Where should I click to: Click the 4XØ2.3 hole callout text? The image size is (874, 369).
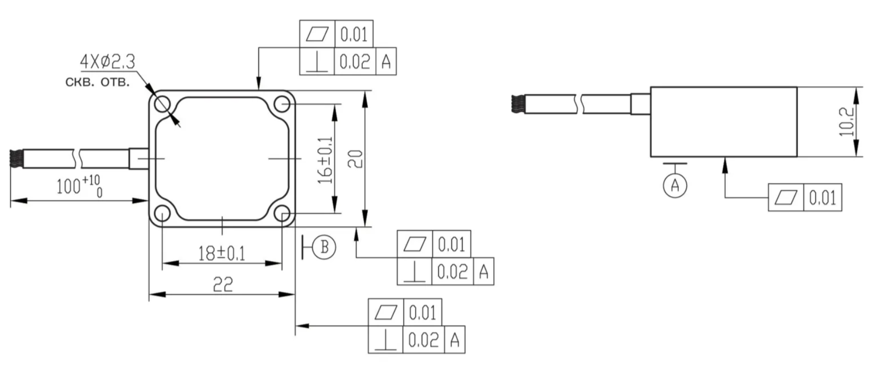coord(107,62)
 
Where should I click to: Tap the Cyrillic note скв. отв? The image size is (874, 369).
coord(98,82)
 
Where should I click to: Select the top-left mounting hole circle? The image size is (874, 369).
coord(162,104)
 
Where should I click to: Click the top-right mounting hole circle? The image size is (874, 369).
coord(282,104)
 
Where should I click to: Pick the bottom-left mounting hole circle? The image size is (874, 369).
coord(162,213)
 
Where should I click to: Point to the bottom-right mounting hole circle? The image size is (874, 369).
coord(282,213)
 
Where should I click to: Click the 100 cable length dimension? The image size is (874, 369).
coord(79,186)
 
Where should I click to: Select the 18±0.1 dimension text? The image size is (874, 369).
coord(221,253)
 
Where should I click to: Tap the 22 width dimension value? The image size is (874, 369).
coord(222,284)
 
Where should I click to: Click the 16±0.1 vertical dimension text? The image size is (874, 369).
coord(325,160)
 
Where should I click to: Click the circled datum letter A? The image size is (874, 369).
coord(675,185)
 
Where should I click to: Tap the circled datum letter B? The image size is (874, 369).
coord(324,247)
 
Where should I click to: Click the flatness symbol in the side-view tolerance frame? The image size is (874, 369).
coord(785,198)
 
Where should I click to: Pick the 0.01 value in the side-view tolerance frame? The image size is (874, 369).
coord(822,198)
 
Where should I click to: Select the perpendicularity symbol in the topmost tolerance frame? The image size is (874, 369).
coord(317,62)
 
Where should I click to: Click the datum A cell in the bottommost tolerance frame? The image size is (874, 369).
coord(455,340)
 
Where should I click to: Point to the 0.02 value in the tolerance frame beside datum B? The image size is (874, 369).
coord(452,271)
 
